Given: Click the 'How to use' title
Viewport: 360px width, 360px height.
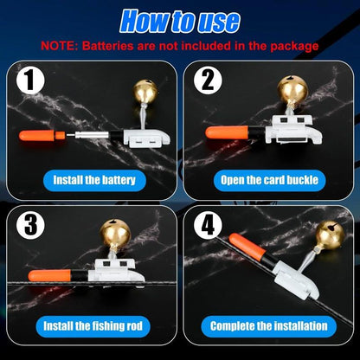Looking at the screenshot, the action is tap(180, 22).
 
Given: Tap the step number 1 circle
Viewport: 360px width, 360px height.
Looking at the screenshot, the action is tap(30, 80).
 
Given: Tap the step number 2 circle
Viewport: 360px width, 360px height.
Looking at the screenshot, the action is tap(208, 80).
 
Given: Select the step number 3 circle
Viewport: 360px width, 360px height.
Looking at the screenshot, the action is tap(30, 225).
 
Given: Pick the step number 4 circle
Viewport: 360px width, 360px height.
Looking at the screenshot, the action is tap(208, 225).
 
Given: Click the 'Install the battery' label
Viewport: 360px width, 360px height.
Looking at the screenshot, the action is tap(94, 180).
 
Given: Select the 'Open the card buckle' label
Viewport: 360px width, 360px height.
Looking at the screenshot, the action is tap(269, 180).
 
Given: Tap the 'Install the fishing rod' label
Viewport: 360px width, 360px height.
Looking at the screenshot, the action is tap(93, 326).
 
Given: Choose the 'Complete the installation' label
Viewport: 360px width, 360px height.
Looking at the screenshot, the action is tap(269, 326).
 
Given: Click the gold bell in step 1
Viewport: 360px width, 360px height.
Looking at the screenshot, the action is tap(145, 93).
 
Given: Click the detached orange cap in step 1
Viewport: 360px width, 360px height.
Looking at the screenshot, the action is tap(42, 136).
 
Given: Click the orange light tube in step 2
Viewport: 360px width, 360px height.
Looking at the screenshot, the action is tap(227, 133).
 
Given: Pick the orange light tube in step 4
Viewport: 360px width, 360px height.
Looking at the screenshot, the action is tap(247, 246).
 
